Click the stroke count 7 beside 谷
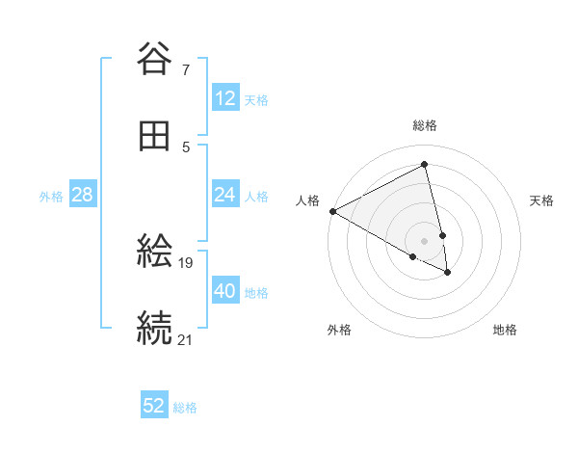185,69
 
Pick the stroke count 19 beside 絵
187,261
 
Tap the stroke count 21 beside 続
186,338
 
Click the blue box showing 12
224,98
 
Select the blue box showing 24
224,195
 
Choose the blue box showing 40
224,291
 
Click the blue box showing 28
83,195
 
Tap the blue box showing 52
154,406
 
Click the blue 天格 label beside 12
256,99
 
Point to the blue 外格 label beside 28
51,196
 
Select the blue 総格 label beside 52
185,407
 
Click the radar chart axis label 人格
307,200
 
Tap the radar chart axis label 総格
425,125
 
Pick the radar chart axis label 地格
505,330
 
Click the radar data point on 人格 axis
332,211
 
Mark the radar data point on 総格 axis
425,165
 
